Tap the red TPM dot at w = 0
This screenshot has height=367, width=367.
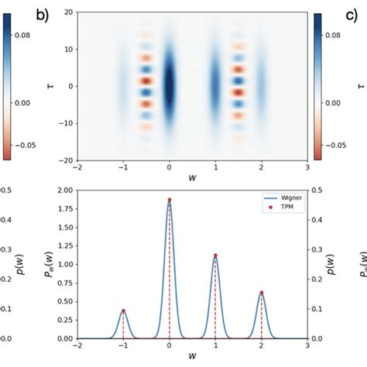169,200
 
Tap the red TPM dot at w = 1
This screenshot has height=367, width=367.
215,256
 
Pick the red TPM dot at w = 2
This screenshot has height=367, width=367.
262,293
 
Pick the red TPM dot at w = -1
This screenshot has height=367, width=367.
123,310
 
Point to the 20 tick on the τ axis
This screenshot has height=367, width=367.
69,12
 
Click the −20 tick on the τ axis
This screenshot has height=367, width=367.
66,159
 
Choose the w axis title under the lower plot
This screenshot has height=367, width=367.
192,358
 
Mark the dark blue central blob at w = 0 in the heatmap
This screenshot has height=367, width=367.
169,85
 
